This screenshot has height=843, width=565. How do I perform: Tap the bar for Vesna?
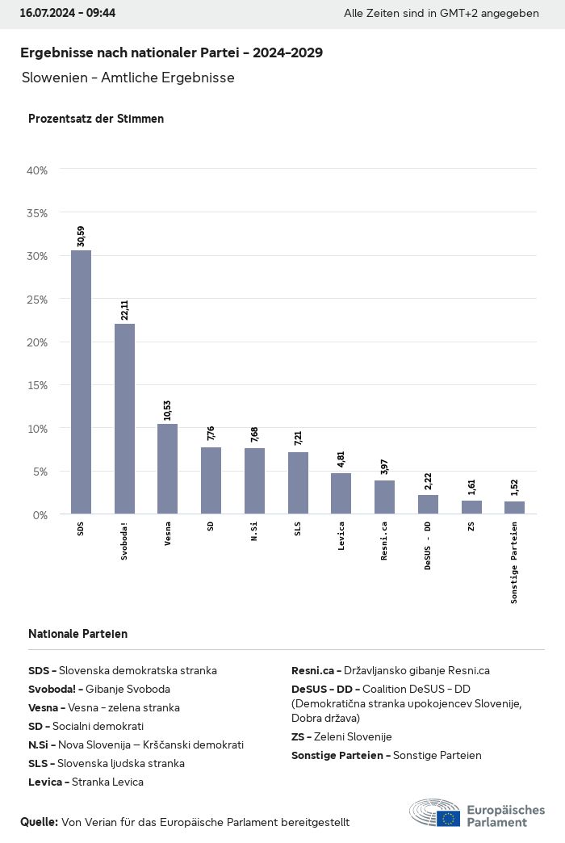[167, 468]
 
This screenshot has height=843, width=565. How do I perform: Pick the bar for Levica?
[341, 493]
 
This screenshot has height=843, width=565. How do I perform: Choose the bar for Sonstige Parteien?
[514, 507]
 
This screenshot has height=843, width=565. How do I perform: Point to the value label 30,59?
[81, 236]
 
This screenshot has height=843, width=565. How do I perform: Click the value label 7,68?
[254, 434]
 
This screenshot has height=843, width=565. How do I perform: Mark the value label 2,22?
[428, 480]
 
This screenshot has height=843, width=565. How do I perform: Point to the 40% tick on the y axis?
[37, 170]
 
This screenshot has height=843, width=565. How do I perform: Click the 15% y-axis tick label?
[37, 385]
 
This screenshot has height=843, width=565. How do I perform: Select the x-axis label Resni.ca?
[384, 542]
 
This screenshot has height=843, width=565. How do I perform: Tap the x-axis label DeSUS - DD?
[428, 547]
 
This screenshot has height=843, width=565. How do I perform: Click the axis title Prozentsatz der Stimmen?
[96, 119]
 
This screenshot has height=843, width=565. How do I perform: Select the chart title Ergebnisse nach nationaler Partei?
[171, 52]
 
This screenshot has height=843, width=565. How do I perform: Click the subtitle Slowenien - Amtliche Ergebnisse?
[128, 78]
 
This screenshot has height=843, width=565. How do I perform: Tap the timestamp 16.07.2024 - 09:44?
[68, 14]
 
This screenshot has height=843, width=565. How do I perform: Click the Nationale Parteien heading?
[77, 634]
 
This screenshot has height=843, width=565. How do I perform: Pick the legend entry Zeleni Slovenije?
[341, 736]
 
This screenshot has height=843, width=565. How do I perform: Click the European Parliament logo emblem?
[436, 812]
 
